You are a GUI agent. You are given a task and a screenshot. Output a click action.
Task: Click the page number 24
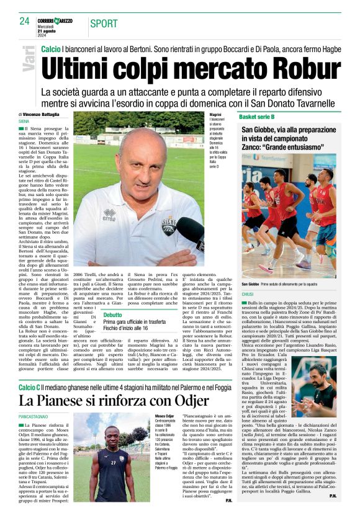pos(24,20)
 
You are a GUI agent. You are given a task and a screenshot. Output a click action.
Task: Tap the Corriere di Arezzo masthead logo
pos(54,21)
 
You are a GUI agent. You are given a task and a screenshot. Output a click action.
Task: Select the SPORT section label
pos(104,24)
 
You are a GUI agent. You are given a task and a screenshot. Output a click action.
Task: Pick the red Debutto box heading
pos(112,315)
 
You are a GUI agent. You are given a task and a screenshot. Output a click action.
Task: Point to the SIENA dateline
pos(25,122)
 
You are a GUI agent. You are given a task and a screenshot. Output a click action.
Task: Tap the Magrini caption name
pos(215,116)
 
